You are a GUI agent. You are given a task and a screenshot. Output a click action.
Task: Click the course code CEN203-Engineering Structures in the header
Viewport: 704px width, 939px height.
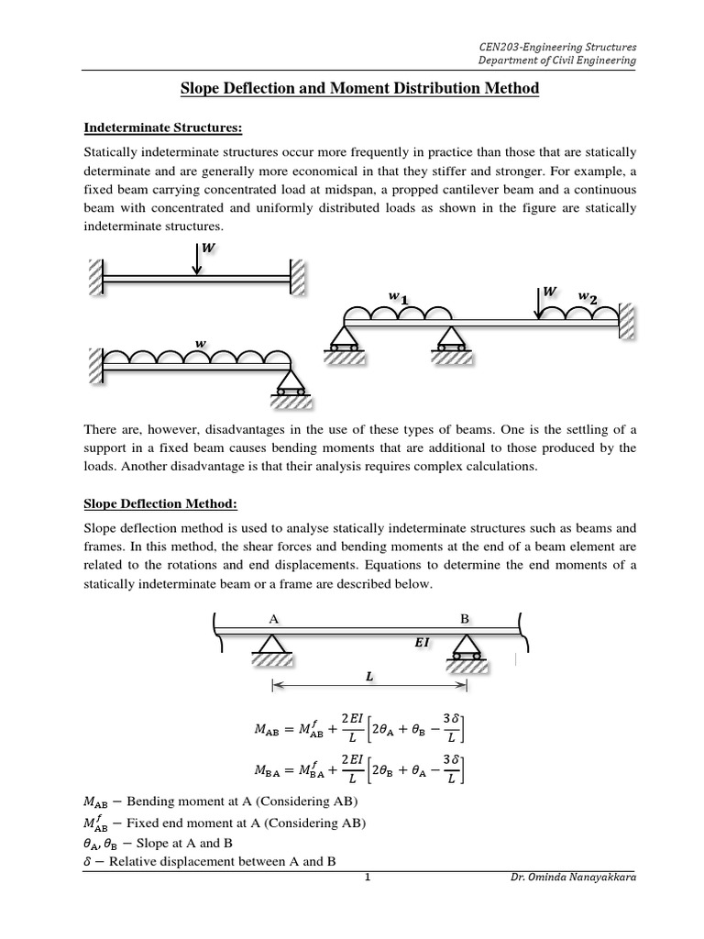558,45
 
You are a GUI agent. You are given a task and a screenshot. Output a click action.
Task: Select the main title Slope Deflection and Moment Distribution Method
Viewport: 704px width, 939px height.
351,89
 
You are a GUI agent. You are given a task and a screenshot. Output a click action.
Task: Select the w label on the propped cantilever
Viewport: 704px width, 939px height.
198,344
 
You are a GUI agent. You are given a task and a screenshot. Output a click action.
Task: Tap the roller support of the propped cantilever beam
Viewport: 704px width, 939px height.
291,385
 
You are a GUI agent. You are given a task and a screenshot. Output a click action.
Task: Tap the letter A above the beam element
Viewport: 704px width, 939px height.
272,619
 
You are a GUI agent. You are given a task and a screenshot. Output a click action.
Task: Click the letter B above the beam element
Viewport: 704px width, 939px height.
465,619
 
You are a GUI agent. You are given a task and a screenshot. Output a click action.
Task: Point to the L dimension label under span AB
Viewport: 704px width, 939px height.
368,677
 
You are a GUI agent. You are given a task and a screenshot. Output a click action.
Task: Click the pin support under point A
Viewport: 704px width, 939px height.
272,651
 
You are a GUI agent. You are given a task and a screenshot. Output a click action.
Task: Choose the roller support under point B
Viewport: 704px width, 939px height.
466,652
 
